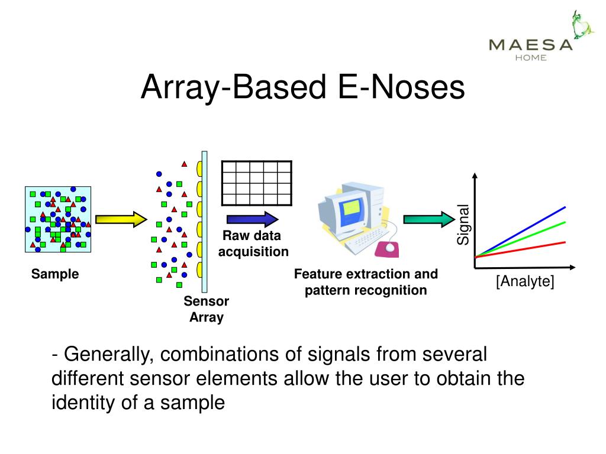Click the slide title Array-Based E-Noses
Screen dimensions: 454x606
(303, 87)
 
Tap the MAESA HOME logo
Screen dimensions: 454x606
(531, 42)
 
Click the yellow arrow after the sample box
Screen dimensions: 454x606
(120, 219)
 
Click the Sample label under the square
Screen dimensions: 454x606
(55, 274)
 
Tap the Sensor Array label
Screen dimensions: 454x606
(206, 309)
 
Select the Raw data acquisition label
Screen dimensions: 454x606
(253, 244)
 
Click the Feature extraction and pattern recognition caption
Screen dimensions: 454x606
(366, 282)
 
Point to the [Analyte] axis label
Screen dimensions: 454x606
(525, 282)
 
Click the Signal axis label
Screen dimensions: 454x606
(463, 224)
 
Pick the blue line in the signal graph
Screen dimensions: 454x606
(533, 225)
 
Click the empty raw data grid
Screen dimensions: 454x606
(256, 183)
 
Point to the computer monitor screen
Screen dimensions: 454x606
(351, 208)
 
